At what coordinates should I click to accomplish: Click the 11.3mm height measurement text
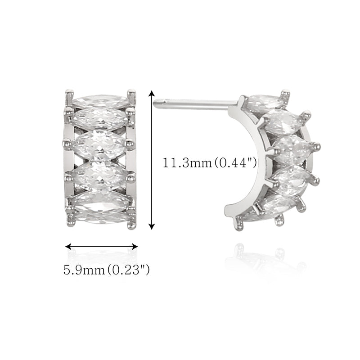(187, 163)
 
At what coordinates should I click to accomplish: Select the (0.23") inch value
(129, 270)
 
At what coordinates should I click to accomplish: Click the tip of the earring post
(155, 103)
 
